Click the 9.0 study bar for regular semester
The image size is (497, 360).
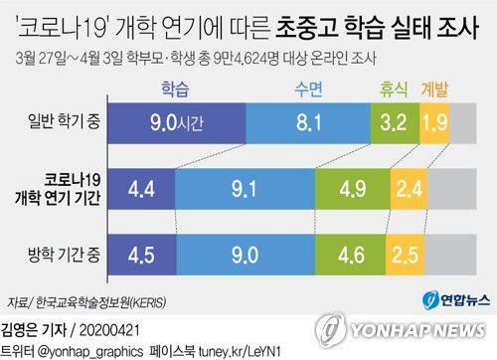(175, 124)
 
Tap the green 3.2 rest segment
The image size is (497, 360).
(391, 124)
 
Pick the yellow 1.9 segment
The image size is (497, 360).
(434, 124)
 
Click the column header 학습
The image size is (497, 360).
(176, 89)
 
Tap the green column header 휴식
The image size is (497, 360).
(392, 89)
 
